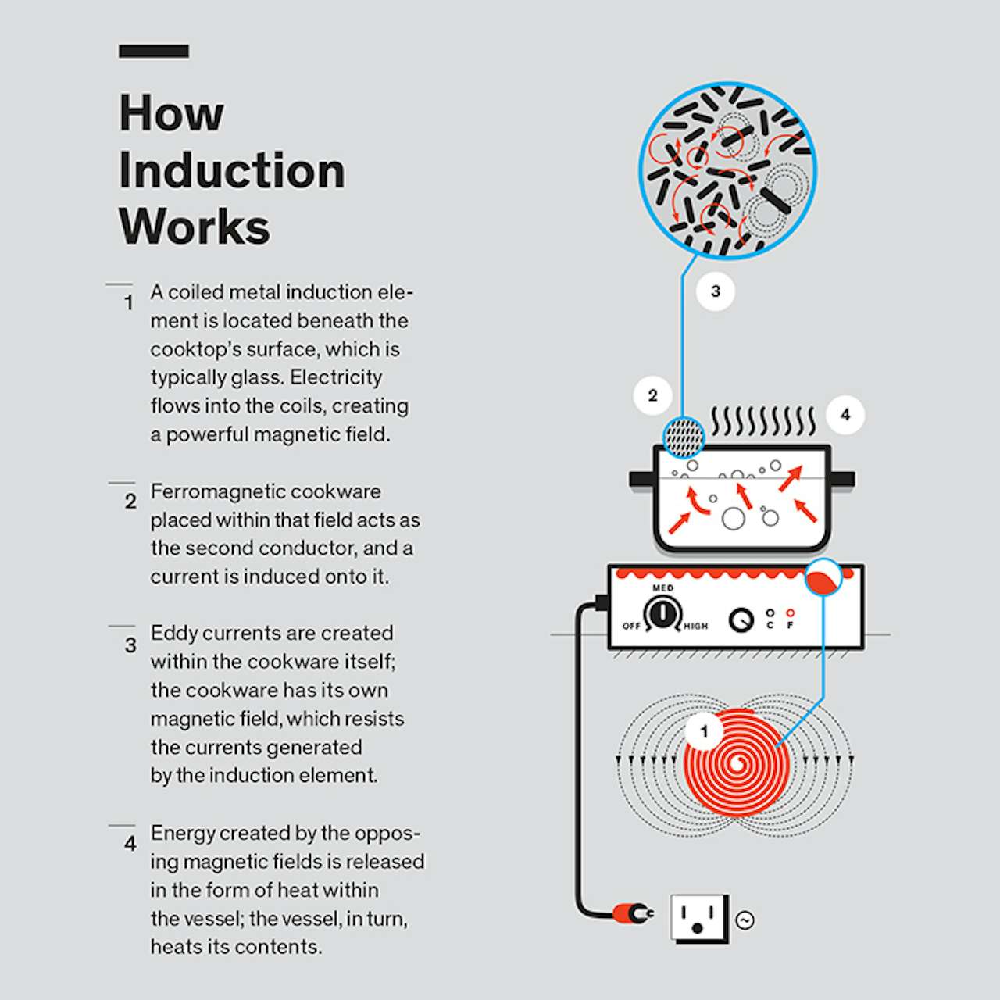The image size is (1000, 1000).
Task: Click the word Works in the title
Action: pyautogui.click(x=194, y=227)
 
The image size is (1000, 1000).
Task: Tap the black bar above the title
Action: pyautogui.click(x=154, y=52)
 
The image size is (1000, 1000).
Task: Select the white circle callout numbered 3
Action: pyautogui.click(x=716, y=291)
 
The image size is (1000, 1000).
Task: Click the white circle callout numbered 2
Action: pyautogui.click(x=653, y=395)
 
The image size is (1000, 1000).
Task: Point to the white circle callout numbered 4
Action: pyautogui.click(x=845, y=415)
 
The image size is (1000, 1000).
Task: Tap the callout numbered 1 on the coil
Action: pyautogui.click(x=704, y=731)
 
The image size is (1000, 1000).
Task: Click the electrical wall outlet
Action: pyautogui.click(x=698, y=918)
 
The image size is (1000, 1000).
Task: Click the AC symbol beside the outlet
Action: pyautogui.click(x=745, y=920)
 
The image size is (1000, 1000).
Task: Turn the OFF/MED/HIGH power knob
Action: pyautogui.click(x=662, y=614)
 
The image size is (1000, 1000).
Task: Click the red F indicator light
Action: pyautogui.click(x=790, y=613)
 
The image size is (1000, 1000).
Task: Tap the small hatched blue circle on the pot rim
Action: pyautogui.click(x=684, y=436)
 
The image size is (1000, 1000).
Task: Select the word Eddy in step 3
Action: pyautogui.click(x=173, y=633)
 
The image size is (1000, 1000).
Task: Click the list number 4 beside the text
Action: pyautogui.click(x=130, y=844)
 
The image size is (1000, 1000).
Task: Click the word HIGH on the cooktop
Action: pyautogui.click(x=695, y=626)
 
